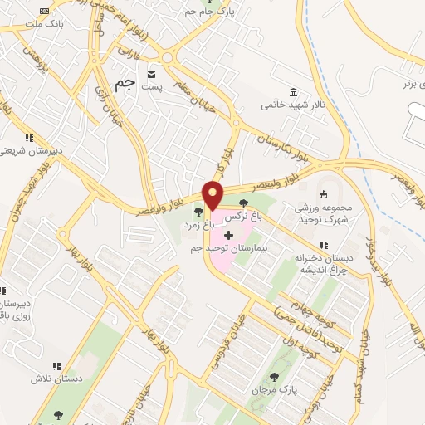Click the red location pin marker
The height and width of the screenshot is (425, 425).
tap(212, 195)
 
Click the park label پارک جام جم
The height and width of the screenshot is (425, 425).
tap(228, 12)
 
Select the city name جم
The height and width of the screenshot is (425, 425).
tap(125, 85)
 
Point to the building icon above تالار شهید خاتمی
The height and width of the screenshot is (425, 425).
tap(292, 91)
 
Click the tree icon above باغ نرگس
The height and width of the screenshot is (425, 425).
tap(243, 202)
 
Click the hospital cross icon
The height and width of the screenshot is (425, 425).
tap(229, 236)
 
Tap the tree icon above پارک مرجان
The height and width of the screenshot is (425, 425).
tap(275, 376)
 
